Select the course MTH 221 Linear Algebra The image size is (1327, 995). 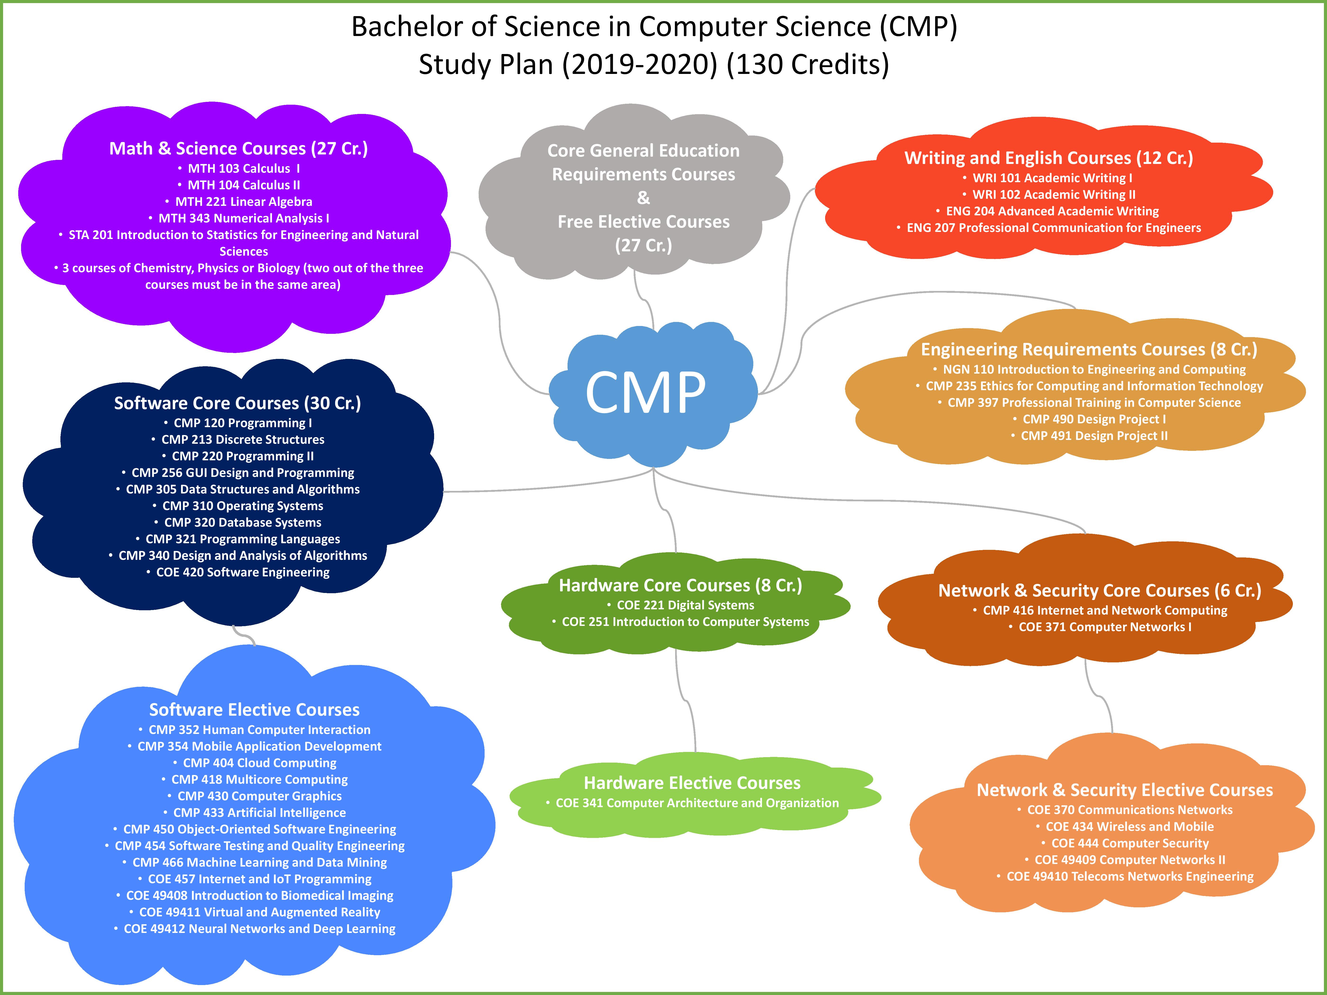click(244, 202)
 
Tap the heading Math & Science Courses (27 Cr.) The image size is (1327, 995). click(239, 148)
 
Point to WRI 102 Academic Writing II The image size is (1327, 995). click(1054, 194)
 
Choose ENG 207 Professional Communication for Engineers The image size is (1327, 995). click(1054, 228)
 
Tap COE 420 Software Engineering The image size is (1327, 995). click(243, 572)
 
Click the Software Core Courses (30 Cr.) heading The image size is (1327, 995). click(238, 403)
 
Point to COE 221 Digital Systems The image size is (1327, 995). click(686, 605)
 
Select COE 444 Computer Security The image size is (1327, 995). click(1130, 843)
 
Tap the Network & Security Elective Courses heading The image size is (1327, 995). click(1125, 790)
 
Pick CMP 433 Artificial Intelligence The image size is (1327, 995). click(260, 813)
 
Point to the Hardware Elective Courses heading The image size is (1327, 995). click(692, 783)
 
